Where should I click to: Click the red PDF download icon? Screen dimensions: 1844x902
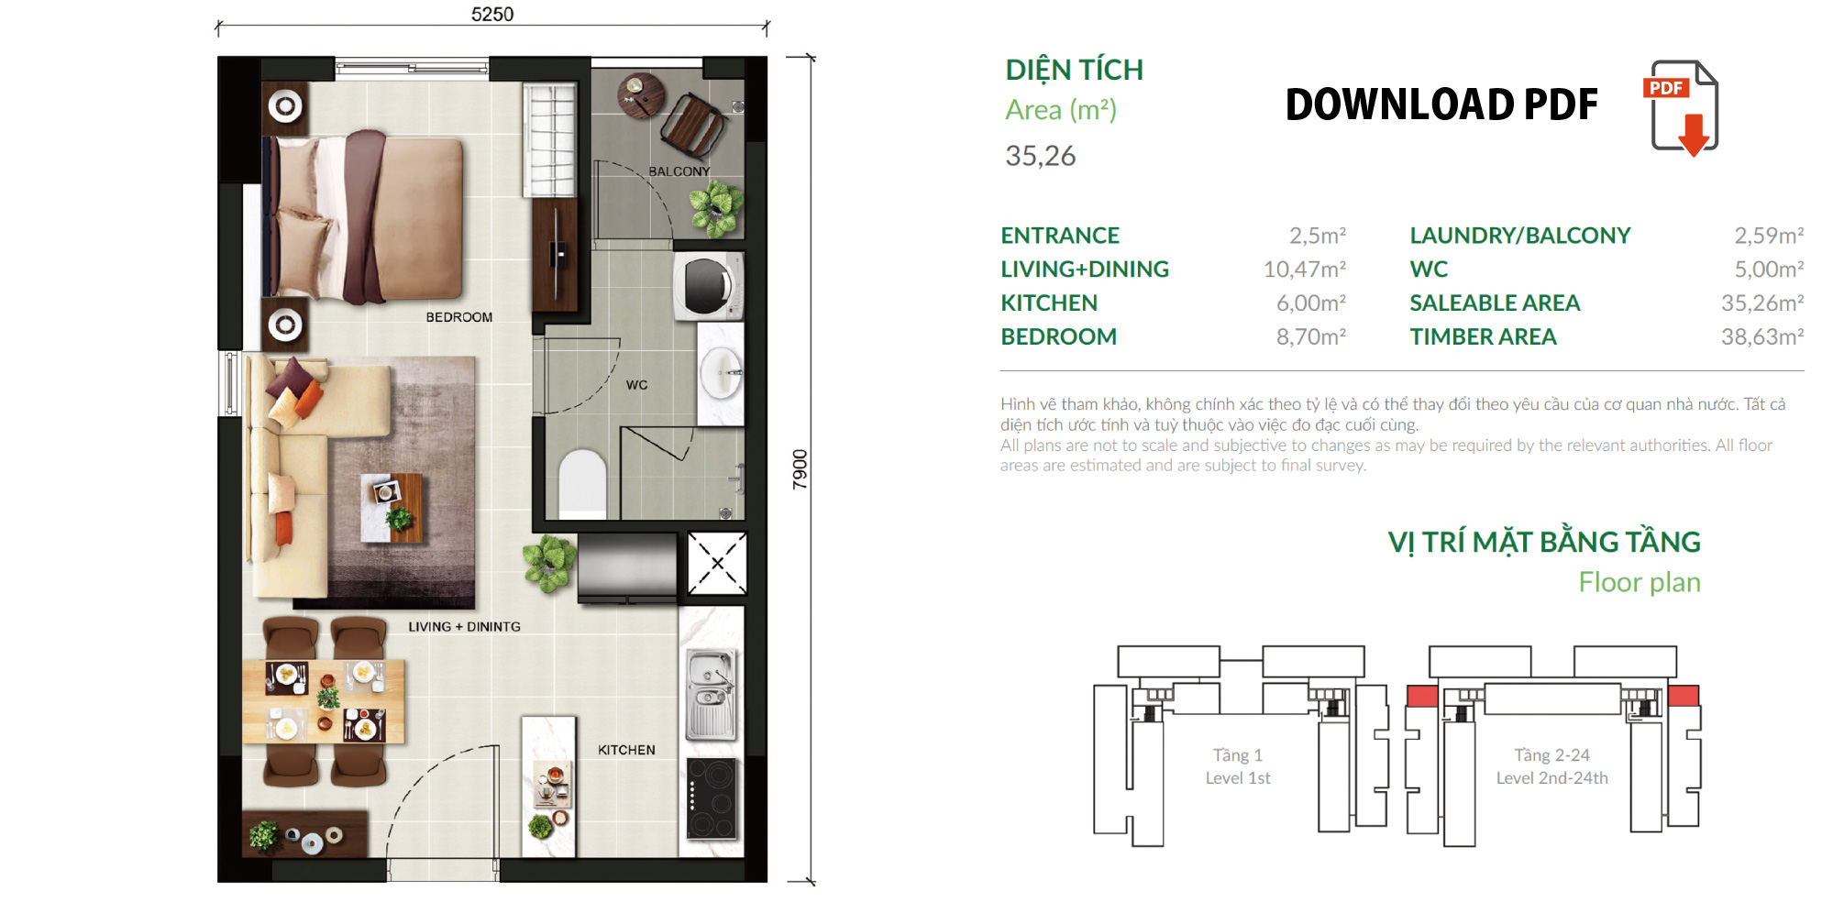1682,107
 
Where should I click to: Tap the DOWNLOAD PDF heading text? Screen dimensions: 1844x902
1441,104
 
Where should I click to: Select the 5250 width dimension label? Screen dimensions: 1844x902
492,14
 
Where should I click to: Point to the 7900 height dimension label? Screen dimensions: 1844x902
800,468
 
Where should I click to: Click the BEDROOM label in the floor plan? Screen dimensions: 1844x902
458,317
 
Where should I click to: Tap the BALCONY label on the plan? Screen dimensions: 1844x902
679,171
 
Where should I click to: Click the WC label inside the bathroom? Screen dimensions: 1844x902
636,385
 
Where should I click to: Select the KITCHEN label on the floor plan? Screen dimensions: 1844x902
626,750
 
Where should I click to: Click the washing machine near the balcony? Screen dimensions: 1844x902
707,285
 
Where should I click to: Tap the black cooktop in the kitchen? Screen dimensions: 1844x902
712,798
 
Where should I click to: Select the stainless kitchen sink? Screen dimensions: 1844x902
711,694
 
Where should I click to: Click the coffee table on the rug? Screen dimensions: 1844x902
392,507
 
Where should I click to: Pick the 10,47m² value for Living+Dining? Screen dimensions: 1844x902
1304,269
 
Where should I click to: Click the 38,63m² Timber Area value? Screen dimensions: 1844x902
1761,337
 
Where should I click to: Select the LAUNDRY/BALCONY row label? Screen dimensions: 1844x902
1519,236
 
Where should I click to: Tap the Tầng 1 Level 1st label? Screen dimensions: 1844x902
1238,766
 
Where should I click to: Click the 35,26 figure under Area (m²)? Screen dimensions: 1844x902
1040,156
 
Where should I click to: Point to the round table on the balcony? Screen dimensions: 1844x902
641,95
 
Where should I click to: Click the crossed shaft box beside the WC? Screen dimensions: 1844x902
717,564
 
